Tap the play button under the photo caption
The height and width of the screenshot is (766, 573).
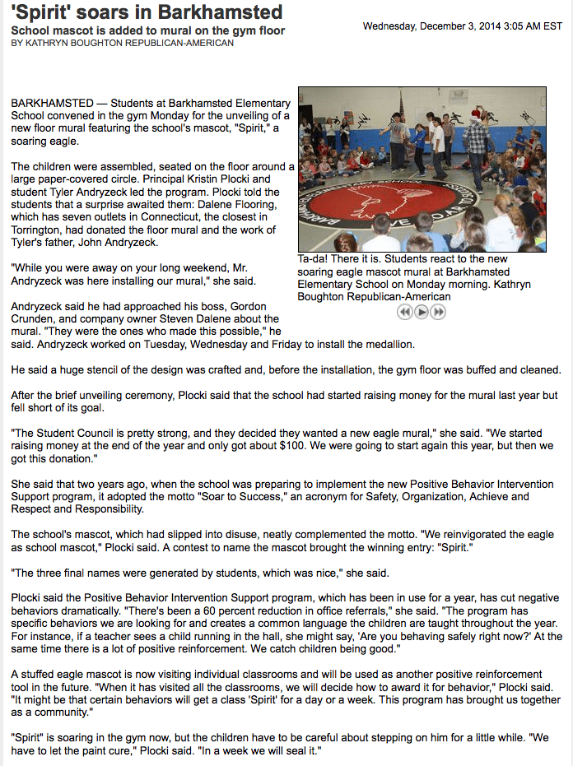point(422,312)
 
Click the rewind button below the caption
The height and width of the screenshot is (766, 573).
point(404,312)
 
